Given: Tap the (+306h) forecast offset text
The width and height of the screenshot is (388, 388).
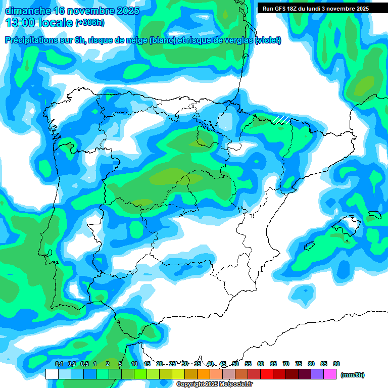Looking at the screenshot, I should (89, 23).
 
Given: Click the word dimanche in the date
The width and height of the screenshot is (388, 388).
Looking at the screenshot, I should (26, 11).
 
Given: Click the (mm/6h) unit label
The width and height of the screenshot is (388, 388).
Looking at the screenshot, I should (353, 375).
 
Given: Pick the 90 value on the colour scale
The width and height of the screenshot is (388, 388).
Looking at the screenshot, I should (336, 364).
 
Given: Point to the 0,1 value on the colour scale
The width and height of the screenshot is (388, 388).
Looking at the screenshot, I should (59, 364).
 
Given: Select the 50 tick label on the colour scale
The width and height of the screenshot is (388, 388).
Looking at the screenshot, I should (235, 364).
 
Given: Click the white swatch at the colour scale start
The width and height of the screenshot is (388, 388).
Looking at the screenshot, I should (52, 374).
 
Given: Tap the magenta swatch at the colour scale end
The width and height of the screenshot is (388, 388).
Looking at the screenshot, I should (330, 374).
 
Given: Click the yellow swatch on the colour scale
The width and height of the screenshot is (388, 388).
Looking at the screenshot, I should (178, 374).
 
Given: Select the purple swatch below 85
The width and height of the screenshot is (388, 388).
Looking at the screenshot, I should (317, 374).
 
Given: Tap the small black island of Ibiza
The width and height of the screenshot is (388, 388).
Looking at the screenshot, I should (307, 246).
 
